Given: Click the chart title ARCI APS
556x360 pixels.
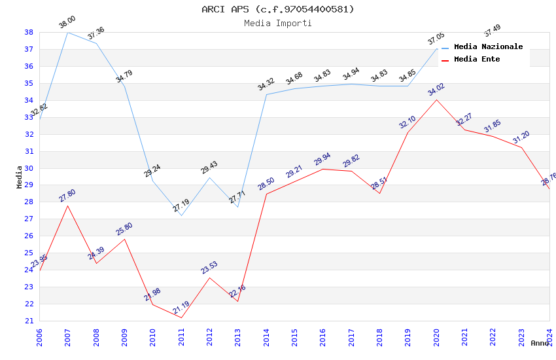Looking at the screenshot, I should click(x=278, y=9).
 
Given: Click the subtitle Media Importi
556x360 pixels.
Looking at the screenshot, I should click(x=278, y=23).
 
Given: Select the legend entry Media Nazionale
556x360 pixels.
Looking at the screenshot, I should click(x=488, y=47).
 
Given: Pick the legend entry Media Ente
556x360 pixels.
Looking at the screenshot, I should click(x=476, y=60).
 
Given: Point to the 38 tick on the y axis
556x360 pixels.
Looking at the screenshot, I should click(x=29, y=32).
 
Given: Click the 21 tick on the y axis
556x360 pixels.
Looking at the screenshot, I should click(x=29, y=321).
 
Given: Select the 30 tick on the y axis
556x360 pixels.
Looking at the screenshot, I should click(x=29, y=168).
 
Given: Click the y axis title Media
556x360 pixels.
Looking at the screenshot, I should click(x=20, y=177).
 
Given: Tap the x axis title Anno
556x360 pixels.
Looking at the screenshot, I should click(x=540, y=343).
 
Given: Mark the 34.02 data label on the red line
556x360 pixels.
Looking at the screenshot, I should click(x=436, y=90).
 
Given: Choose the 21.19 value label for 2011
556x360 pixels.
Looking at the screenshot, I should click(x=181, y=308).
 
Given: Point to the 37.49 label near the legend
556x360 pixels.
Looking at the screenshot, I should click(x=493, y=31).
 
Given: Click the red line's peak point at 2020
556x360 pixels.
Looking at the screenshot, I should click(x=436, y=99).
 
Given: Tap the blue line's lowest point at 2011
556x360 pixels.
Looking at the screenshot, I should click(x=181, y=215).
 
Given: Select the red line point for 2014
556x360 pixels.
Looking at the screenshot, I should click(x=266, y=194).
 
